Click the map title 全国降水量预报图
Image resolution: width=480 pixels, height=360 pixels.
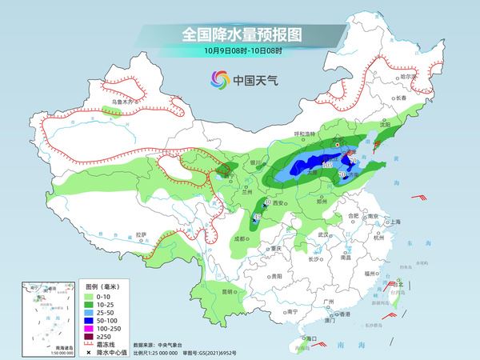[x=240, y=34]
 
